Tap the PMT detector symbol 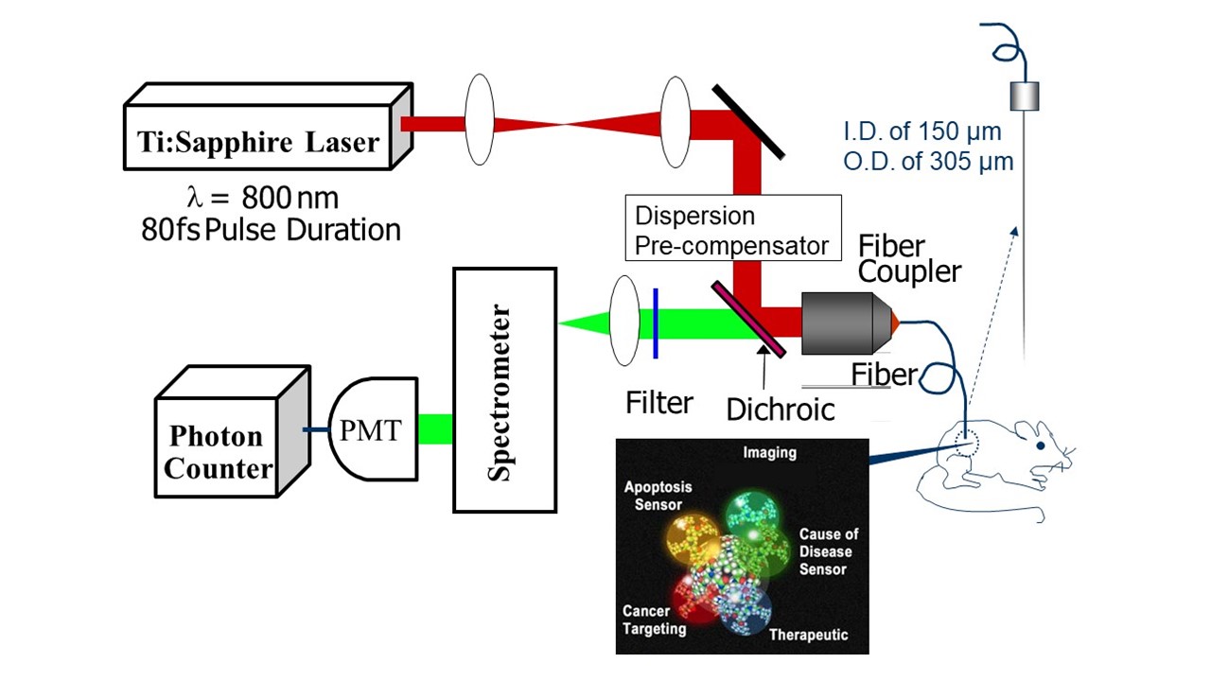click(372, 433)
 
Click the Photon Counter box click(217, 452)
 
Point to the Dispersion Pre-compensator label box click(733, 229)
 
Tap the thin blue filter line click(655, 324)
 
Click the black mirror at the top click(747, 120)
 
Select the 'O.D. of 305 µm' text click(928, 162)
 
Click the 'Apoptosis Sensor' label click(658, 497)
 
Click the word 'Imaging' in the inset click(769, 453)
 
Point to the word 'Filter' click(659, 404)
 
